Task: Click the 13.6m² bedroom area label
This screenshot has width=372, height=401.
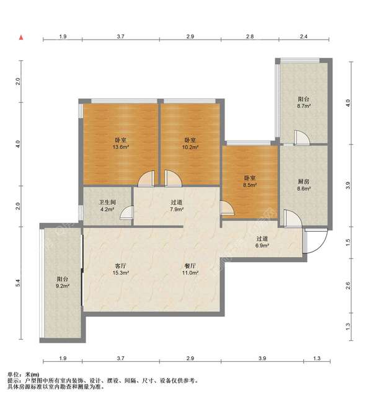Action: (x=120, y=143)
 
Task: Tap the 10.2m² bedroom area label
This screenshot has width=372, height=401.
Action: (x=190, y=143)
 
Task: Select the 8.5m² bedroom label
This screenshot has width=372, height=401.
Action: (x=250, y=181)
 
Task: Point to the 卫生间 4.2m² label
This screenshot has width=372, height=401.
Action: (x=107, y=206)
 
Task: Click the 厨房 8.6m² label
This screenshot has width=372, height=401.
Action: (x=304, y=185)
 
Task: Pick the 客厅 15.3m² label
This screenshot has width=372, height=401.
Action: (x=120, y=269)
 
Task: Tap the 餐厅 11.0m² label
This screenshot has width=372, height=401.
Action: (x=190, y=269)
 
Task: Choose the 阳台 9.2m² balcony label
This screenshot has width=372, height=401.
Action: (x=63, y=282)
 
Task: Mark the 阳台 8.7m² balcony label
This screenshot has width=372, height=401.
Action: (x=304, y=102)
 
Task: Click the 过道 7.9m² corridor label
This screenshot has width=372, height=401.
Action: (x=177, y=206)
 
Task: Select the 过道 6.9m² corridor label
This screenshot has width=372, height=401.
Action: (x=262, y=242)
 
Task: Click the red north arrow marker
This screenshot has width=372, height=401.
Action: (x=21, y=38)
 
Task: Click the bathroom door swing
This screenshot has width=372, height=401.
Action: (x=124, y=210)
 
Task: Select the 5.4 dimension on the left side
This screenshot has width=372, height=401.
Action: (x=17, y=283)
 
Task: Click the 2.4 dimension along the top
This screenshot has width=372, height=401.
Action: (x=303, y=37)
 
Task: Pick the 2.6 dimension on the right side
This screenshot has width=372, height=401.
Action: (x=348, y=285)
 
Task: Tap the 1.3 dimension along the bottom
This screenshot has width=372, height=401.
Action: (x=317, y=358)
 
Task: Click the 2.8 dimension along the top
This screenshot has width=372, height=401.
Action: (x=250, y=37)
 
